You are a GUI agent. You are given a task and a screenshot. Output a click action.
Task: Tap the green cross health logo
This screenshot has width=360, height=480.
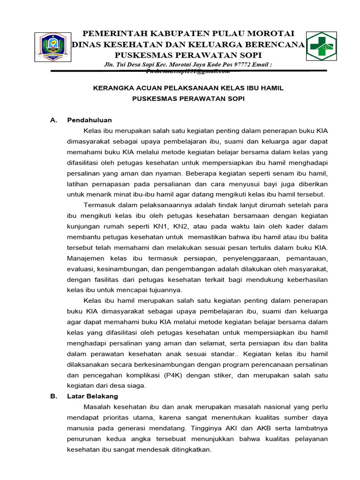pos(321,45)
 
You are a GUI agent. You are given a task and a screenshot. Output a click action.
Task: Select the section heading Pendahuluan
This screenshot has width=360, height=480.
pos(89,120)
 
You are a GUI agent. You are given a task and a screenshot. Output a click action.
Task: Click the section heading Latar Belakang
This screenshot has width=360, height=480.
pos(93,396)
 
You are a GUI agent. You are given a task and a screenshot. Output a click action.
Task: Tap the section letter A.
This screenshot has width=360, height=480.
pos(53,120)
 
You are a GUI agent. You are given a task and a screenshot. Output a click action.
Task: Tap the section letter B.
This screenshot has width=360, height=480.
pos(53,396)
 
